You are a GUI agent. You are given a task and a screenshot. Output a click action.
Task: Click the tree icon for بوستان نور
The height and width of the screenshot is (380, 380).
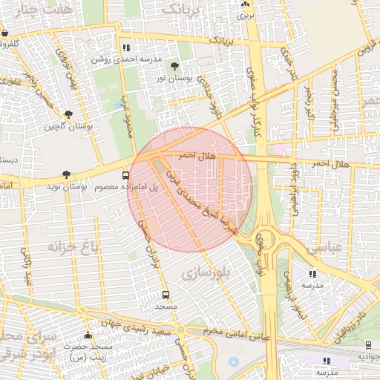coord(174,66)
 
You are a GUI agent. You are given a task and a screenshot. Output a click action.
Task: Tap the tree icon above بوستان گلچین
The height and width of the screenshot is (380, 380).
coord(68,115)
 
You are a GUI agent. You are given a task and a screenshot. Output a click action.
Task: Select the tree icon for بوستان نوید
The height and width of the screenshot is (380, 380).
coord(67,174)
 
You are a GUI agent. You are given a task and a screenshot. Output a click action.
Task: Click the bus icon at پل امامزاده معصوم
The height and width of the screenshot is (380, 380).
coord(125,176)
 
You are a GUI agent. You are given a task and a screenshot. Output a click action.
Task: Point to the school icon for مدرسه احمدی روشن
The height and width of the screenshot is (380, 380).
coord(125,47)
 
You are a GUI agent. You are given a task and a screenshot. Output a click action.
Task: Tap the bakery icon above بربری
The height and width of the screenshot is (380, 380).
coord(244,4)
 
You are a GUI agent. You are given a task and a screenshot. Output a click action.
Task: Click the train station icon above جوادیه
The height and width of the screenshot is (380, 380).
coord(369,344)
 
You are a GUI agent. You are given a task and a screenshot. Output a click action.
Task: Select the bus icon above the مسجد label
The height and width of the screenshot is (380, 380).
coord(166,295)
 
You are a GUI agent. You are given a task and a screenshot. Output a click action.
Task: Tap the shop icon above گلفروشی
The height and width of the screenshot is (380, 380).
coord(4,33)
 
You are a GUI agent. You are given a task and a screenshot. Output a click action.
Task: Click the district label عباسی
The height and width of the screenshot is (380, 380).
coord(324,247)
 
